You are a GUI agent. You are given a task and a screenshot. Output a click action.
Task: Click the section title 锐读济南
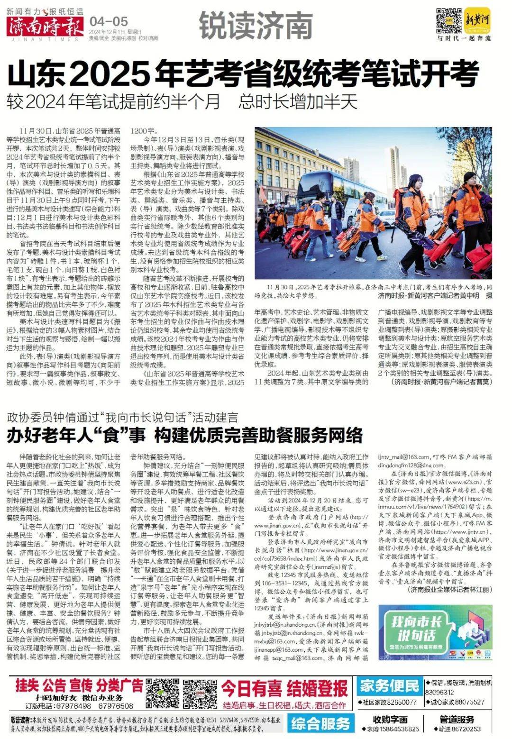(x=256, y=27)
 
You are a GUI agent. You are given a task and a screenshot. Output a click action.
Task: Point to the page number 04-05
(x=109, y=21)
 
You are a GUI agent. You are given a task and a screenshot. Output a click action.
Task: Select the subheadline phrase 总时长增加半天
(x=298, y=102)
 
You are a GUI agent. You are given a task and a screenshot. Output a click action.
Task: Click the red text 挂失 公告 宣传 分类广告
(x=79, y=685)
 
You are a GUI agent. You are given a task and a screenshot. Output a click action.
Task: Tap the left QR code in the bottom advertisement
(x=162, y=694)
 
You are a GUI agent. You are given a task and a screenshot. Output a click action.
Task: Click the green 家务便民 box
(x=389, y=685)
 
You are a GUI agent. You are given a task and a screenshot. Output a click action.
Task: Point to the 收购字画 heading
(x=390, y=720)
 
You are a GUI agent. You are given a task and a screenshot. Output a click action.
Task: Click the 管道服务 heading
(x=457, y=720)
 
